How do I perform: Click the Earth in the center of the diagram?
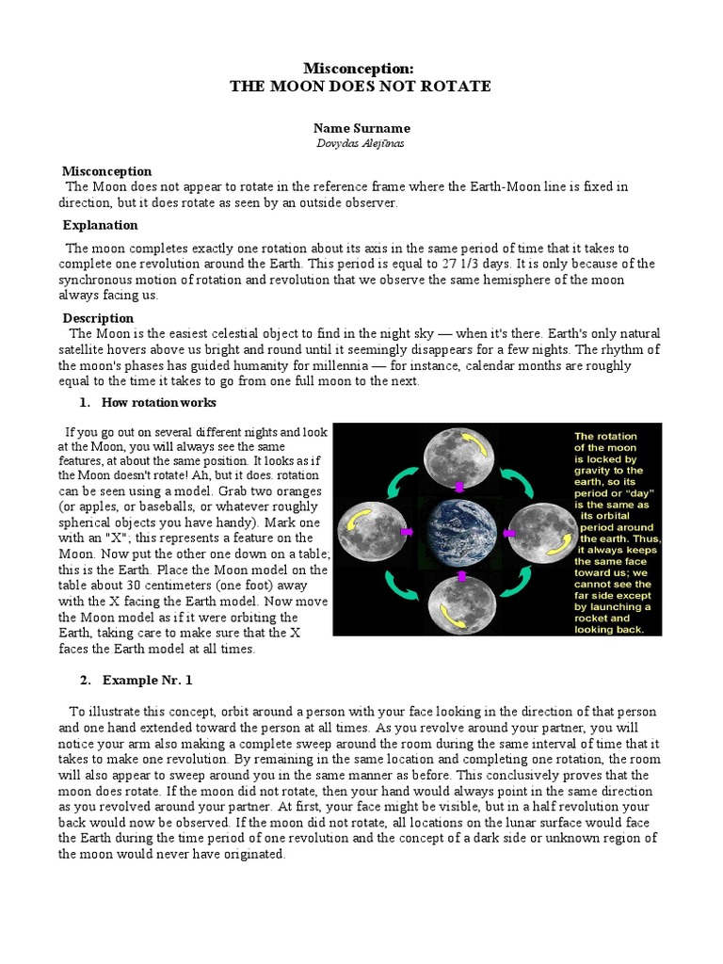click(x=459, y=534)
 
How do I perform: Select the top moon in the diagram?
click(x=458, y=455)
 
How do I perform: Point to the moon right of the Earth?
click(x=540, y=533)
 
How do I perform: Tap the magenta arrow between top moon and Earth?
click(x=459, y=488)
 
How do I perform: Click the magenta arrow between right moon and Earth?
click(x=508, y=534)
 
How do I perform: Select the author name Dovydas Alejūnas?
click(x=361, y=143)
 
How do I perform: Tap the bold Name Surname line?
click(x=361, y=128)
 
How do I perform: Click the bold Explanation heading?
click(x=100, y=225)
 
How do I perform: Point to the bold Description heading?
click(x=98, y=318)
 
